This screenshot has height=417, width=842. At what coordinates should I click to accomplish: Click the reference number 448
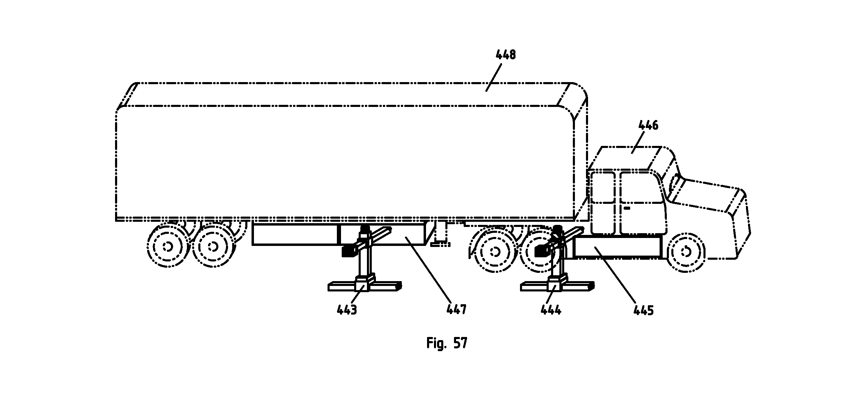(505, 54)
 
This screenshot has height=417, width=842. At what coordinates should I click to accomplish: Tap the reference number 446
(648, 125)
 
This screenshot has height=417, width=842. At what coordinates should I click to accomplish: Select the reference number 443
(347, 310)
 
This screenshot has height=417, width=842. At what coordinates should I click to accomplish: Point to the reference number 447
(456, 309)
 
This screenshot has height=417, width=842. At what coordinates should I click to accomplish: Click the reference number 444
(551, 310)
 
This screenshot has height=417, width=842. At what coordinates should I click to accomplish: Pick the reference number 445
(644, 310)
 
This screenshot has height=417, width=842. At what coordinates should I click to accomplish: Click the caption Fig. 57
(447, 343)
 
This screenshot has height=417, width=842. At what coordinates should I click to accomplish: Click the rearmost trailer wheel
(168, 246)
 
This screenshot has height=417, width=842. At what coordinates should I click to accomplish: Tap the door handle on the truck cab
(626, 208)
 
